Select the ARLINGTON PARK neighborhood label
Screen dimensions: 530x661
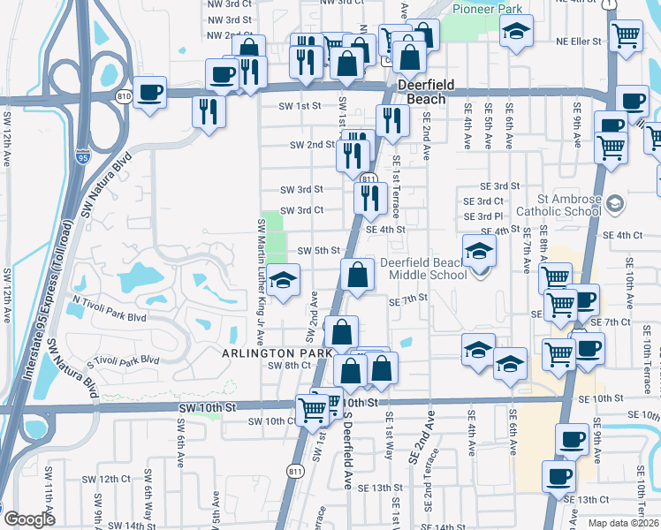click(x=277, y=353)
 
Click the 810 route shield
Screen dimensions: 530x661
click(x=124, y=95)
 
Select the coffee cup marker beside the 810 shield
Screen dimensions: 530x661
click(x=150, y=92)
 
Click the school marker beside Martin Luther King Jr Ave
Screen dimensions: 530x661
click(x=283, y=282)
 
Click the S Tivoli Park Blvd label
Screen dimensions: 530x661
click(x=123, y=360)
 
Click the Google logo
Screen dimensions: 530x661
click(x=29, y=519)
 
